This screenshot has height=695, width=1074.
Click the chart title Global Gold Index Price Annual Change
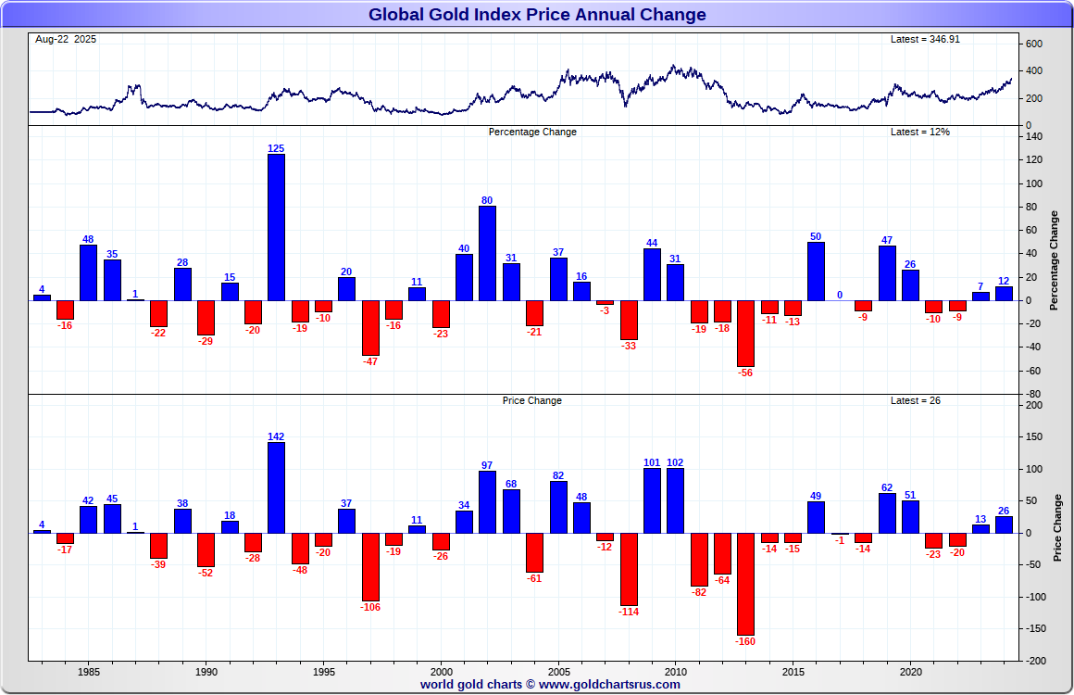coord(537,15)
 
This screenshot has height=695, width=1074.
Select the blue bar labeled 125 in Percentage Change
coord(276,227)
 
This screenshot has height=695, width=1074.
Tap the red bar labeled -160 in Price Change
coord(745,583)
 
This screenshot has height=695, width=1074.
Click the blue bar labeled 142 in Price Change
coord(276,487)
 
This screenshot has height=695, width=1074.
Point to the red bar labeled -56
coord(745,334)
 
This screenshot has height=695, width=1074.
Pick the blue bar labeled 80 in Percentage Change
coord(487,253)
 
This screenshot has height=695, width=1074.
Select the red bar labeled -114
coord(629,569)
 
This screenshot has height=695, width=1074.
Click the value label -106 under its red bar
coord(370,607)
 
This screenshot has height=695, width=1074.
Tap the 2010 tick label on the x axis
coord(675,671)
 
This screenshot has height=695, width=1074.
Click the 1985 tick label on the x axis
coord(89,671)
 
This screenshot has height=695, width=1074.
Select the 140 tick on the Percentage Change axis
coord(1034,137)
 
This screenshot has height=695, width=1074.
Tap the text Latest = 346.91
coord(919,40)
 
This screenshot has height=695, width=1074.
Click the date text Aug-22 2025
coord(65,40)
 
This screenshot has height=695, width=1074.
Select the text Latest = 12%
coord(919,133)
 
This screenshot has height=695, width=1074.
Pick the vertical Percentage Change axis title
coord(1055,260)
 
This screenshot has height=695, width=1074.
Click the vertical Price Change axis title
coord(1057,528)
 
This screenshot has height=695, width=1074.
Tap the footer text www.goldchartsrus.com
coord(609,685)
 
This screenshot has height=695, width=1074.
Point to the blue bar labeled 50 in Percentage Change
coord(816,271)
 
